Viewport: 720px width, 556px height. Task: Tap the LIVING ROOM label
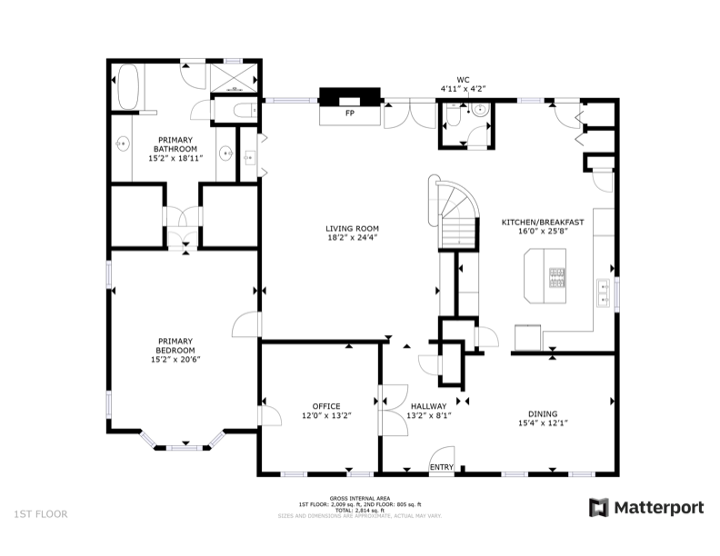pyautogui.click(x=352, y=228)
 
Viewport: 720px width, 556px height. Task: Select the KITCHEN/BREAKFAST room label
pyautogui.click(x=543, y=222)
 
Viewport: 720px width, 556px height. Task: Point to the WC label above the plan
pyautogui.click(x=463, y=79)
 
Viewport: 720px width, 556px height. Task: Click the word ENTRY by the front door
pyautogui.click(x=442, y=467)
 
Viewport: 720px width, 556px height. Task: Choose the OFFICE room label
pyautogui.click(x=325, y=406)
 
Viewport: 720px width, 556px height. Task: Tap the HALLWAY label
pyautogui.click(x=428, y=406)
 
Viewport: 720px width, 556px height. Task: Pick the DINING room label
pyautogui.click(x=542, y=412)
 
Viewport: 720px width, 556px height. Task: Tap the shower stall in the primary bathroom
pyautogui.click(x=235, y=77)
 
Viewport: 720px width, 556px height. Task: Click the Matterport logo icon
pyautogui.click(x=599, y=507)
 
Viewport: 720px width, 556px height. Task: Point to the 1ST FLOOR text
pyautogui.click(x=40, y=514)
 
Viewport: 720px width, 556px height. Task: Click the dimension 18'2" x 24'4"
pyautogui.click(x=352, y=238)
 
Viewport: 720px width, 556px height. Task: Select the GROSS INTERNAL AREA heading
pyautogui.click(x=359, y=498)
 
